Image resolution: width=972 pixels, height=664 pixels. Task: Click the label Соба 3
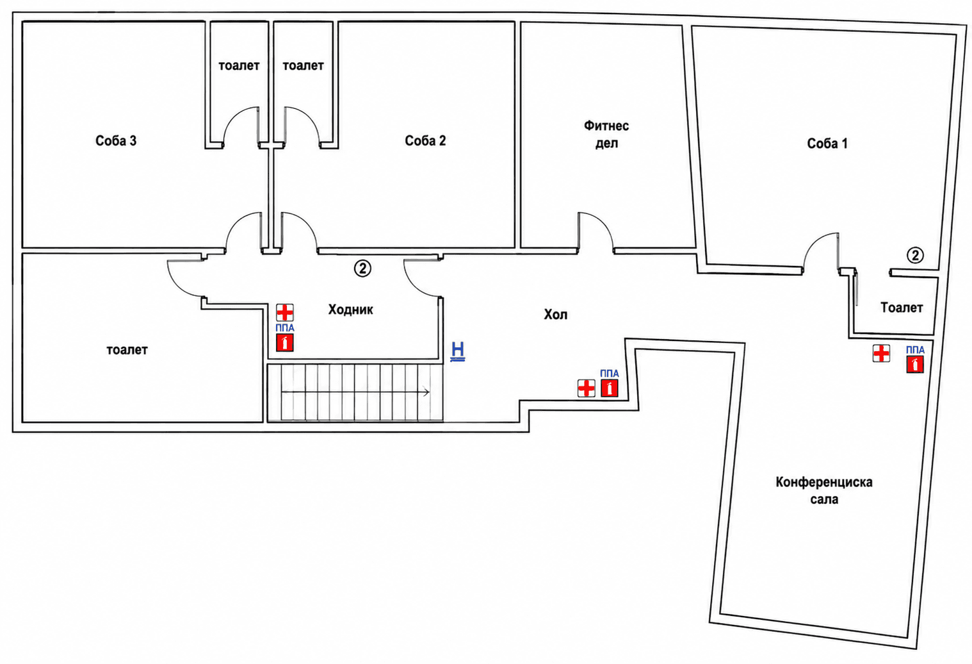[116, 141]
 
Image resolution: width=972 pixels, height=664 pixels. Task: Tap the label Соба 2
[425, 141]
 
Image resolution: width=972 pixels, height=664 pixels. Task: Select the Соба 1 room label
[827, 144]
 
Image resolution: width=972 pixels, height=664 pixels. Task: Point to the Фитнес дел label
[606, 135]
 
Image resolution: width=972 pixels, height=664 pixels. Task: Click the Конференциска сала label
[824, 491]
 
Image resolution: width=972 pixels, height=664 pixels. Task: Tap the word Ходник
[351, 310]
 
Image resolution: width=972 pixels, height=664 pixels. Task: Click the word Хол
[555, 315]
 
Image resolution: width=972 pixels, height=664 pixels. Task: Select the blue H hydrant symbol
[458, 351]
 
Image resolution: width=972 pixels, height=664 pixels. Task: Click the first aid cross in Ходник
[285, 313]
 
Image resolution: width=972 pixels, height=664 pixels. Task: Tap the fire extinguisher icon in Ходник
[285, 343]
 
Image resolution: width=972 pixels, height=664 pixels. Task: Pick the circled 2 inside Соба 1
[915, 255]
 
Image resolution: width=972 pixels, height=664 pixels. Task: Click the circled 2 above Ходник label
[363, 269]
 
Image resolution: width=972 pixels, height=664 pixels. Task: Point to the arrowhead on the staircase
[426, 392]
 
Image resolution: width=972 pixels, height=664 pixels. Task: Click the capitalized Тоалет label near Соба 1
[902, 308]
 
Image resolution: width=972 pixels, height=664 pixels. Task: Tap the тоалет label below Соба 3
[127, 349]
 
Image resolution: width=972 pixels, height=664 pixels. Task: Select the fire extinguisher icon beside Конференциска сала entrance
[609, 388]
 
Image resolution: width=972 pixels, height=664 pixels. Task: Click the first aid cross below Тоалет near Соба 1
[881, 354]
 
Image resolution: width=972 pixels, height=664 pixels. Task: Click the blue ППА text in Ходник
[285, 328]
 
